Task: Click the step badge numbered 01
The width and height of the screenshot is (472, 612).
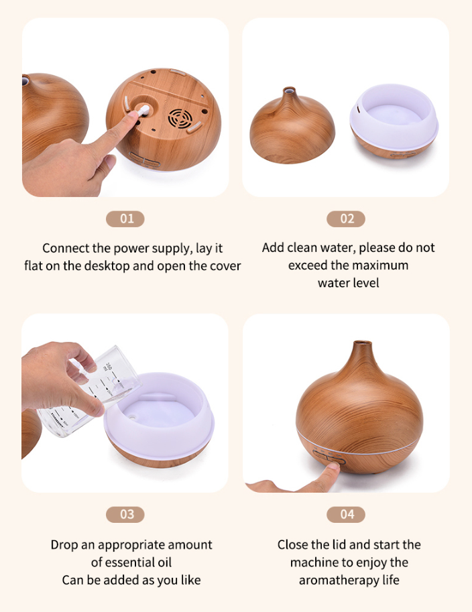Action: coord(125,219)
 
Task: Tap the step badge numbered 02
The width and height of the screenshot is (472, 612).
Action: coord(346,219)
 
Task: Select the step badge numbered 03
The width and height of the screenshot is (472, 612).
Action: coord(125,514)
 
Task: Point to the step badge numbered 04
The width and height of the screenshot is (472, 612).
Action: coord(346,514)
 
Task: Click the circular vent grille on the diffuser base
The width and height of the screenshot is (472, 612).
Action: coord(180,117)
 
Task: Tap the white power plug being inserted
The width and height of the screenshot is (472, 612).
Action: coord(143,111)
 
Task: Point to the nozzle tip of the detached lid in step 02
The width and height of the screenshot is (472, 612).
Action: coord(289,90)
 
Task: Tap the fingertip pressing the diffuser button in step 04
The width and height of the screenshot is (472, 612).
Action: coord(333,467)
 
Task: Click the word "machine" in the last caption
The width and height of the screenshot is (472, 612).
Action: coord(314,562)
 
